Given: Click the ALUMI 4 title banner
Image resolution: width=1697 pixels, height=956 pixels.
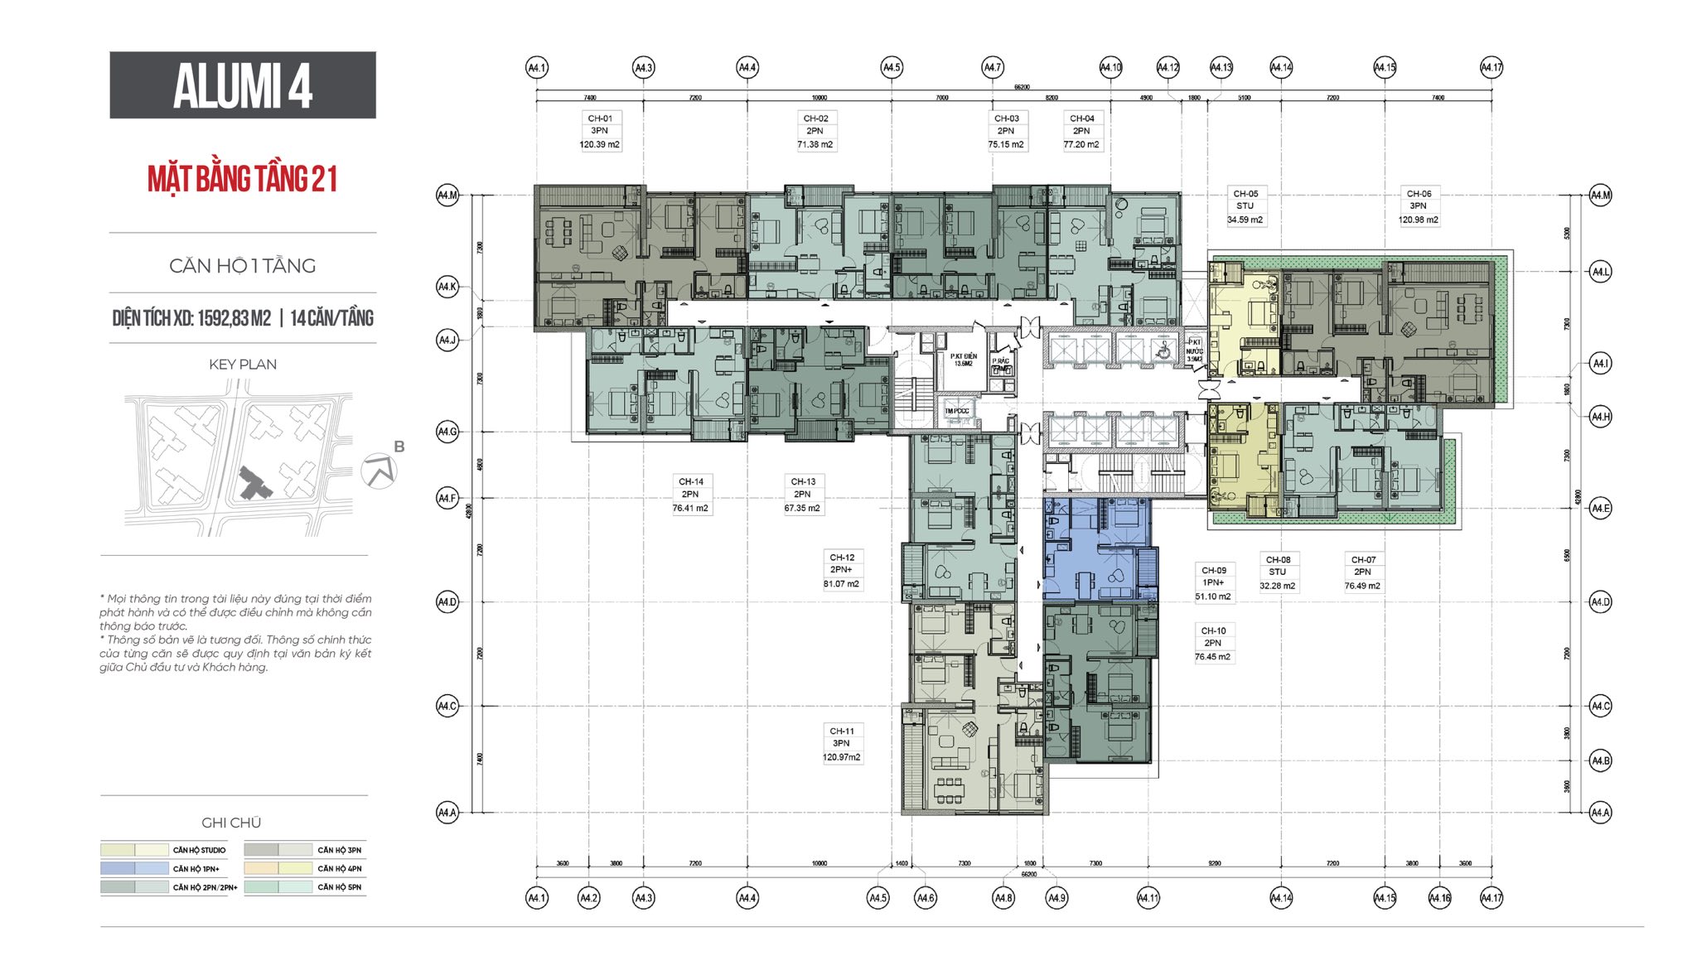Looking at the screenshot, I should (242, 85).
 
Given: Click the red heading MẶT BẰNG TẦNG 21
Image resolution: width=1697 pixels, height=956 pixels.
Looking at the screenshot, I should (242, 179).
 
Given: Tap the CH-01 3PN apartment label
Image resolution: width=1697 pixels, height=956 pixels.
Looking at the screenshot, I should (600, 131).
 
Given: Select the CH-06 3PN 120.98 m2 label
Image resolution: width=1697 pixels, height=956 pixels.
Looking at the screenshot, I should (1419, 206).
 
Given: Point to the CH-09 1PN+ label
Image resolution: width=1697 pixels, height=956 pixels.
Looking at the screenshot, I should (1213, 582).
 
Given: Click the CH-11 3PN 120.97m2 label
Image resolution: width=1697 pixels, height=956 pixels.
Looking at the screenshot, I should (841, 743).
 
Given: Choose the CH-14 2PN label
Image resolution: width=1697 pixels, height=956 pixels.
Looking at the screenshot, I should (690, 495).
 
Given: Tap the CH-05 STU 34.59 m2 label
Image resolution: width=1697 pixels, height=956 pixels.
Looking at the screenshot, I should (1245, 206).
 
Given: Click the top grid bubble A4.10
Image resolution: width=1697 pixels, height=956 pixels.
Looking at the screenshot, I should (1110, 67).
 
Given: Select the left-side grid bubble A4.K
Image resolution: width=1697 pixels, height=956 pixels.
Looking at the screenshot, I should (447, 287).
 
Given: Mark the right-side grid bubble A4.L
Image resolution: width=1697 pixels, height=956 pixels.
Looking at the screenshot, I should (1600, 272).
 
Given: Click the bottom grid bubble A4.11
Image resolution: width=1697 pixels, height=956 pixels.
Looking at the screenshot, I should (1148, 897).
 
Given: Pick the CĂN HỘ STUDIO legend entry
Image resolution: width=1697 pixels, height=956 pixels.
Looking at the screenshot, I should (199, 850).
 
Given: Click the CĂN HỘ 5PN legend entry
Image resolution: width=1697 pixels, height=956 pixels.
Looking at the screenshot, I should (339, 886).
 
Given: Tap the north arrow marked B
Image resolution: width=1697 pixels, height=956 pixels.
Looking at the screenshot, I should (381, 470).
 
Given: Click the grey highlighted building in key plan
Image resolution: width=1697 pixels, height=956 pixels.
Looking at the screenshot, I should (253, 484).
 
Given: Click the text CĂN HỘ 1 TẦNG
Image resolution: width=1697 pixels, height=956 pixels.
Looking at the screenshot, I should (242, 266).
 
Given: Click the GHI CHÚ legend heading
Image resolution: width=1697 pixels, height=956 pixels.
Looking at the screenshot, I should (231, 823).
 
